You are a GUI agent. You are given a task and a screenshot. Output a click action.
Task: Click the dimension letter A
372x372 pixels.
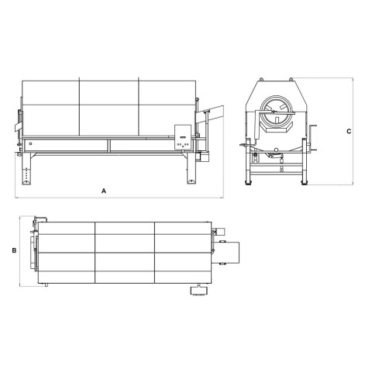[104, 191]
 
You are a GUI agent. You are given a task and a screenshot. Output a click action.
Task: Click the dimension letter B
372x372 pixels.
[14, 250]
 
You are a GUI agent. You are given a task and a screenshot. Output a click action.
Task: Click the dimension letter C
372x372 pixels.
[349, 131]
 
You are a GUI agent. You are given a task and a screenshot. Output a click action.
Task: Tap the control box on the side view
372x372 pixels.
[183, 137]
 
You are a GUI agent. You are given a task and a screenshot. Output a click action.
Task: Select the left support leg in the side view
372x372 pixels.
[26, 168]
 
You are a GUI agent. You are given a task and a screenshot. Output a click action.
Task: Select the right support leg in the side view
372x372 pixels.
[191, 168]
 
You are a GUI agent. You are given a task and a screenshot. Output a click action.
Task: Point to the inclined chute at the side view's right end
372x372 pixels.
[209, 114]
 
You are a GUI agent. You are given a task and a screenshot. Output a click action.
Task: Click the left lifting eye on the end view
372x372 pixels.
[261, 78]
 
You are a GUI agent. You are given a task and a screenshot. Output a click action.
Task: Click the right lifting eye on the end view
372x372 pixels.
[291, 78]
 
